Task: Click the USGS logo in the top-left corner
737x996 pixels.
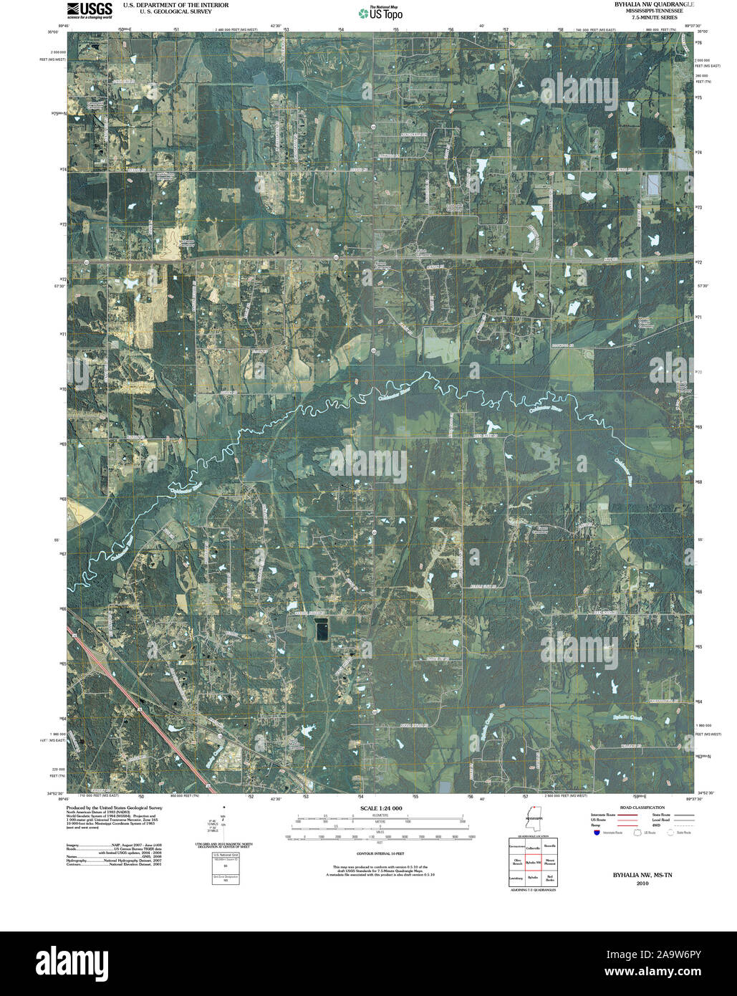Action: [x=90, y=10]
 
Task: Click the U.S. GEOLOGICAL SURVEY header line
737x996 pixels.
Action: [x=175, y=11]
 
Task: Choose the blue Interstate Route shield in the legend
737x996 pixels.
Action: [x=597, y=833]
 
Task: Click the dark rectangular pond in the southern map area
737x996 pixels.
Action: [x=322, y=631]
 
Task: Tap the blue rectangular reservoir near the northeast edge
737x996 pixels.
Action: [x=654, y=185]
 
